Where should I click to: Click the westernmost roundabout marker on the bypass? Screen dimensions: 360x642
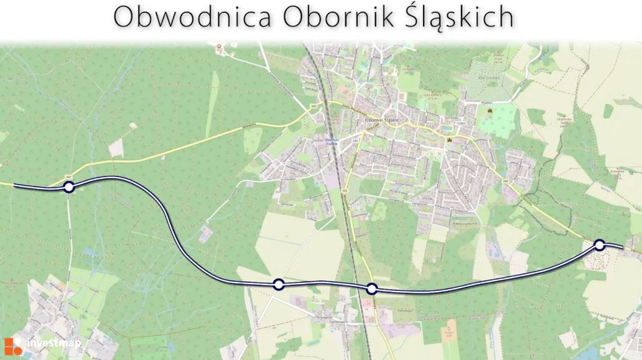coord(68,187)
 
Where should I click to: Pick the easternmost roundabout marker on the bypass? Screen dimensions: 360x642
coord(599,245)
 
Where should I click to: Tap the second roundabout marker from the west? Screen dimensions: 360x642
coord(278,284)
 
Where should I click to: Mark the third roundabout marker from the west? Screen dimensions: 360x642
coord(372,289)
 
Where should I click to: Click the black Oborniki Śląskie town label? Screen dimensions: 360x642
coord(382,120)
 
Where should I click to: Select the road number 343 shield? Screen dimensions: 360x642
coord(355,140)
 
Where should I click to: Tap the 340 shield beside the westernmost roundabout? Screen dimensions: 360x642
coord(67,176)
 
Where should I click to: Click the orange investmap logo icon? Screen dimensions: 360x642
coord(13,346)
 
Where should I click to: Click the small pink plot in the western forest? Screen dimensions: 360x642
coord(204,234)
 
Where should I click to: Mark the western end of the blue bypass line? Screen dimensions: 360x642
coord(15,186)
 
